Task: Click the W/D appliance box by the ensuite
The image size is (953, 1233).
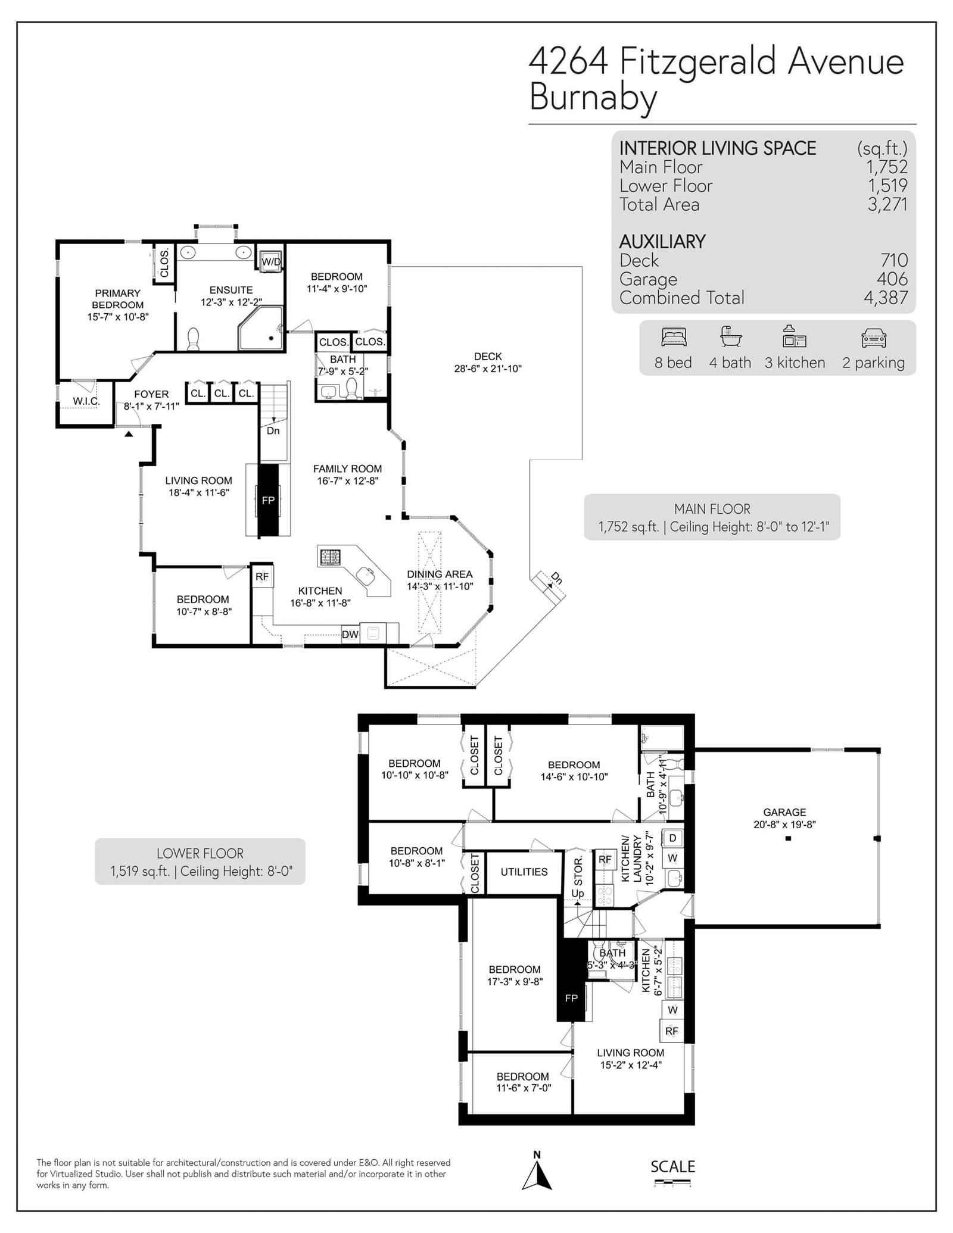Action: [270, 261]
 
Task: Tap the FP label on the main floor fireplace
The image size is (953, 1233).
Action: [268, 501]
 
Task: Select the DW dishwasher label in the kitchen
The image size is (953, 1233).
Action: [350, 635]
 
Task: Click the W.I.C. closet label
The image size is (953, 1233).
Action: [86, 401]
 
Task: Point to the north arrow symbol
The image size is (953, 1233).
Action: [537, 1175]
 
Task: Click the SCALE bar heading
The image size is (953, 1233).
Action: [673, 1166]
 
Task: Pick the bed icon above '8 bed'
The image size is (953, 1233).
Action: [674, 338]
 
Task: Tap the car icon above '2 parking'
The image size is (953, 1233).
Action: [874, 338]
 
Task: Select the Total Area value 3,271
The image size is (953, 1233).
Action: [887, 205]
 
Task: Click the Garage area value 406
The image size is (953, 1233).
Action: [892, 279]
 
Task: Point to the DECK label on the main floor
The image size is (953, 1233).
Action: [488, 357]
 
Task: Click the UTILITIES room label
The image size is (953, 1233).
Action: [524, 872]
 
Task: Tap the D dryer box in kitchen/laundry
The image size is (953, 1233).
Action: [673, 838]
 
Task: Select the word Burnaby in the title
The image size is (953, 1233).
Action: [593, 97]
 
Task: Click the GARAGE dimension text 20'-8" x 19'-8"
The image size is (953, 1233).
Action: [785, 825]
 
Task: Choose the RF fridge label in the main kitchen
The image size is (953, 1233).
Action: [262, 577]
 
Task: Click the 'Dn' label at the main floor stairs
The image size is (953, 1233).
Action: [273, 430]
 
